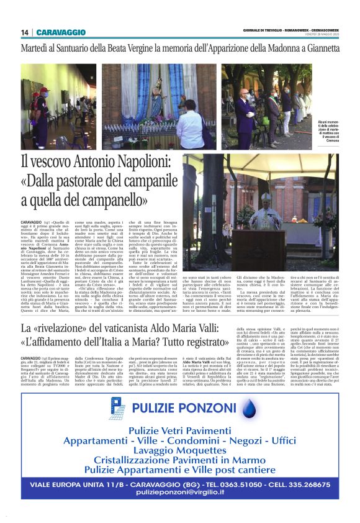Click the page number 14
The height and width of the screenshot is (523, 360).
(24, 32)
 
